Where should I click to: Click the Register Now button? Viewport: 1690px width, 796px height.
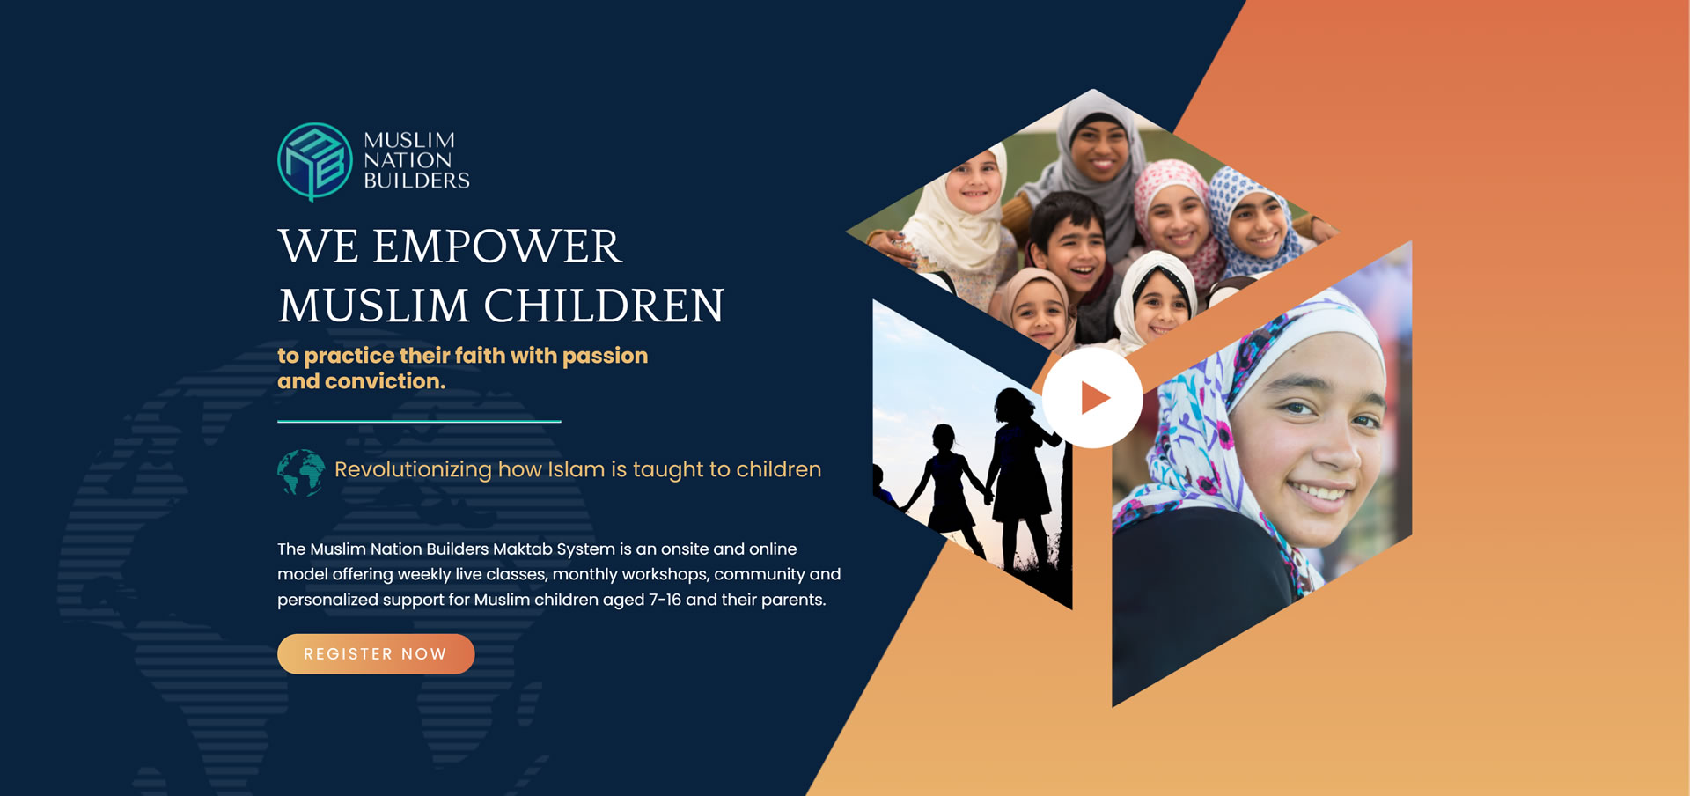click(x=376, y=654)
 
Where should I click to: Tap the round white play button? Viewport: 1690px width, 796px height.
click(x=1092, y=398)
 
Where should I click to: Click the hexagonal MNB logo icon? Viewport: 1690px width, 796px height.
click(x=315, y=162)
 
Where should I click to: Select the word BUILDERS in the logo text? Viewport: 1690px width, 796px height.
click(x=416, y=181)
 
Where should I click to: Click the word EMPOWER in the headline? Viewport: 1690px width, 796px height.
click(x=497, y=247)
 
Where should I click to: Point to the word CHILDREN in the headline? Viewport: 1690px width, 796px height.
click(x=604, y=306)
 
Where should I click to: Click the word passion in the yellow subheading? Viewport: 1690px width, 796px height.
click(x=605, y=356)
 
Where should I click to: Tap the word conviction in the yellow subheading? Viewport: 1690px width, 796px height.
click(x=385, y=381)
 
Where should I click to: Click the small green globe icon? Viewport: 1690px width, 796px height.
click(x=301, y=473)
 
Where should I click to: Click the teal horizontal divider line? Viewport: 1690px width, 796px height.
click(x=419, y=422)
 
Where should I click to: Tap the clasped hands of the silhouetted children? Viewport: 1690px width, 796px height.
click(x=988, y=497)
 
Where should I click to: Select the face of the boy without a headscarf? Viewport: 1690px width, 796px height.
click(x=1074, y=248)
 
